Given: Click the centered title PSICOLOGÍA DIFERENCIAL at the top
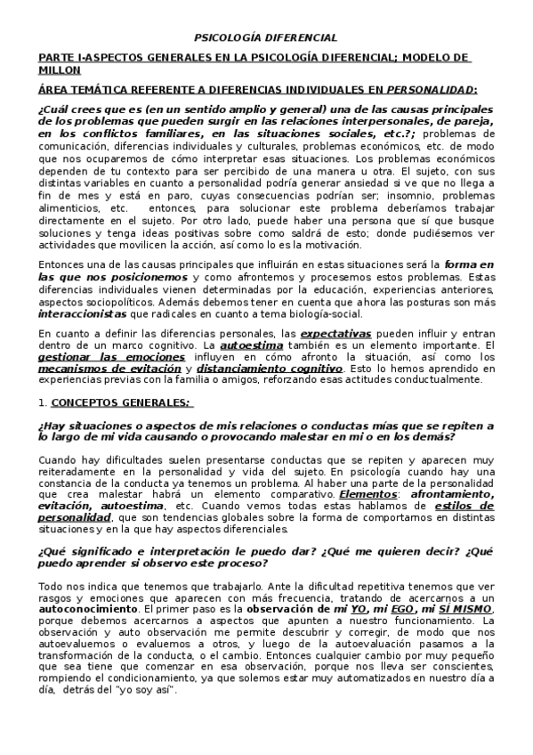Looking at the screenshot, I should pyautogui.click(x=266, y=38).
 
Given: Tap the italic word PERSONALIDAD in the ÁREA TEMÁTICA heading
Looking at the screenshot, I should pyautogui.click(x=431, y=89).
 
